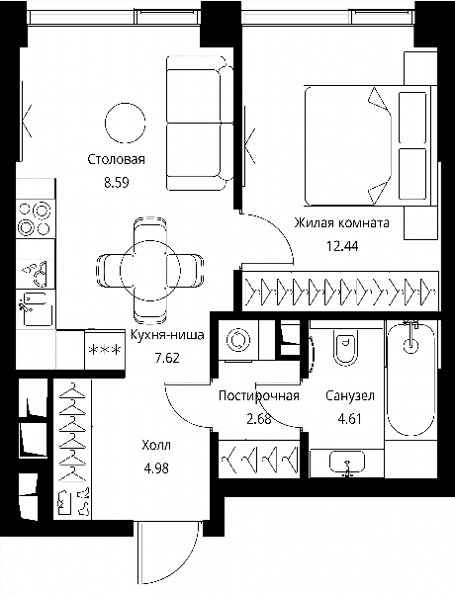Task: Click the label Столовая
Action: pyautogui.click(x=116, y=159)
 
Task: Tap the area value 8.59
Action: pyautogui.click(x=117, y=183)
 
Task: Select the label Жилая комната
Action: pyautogui.click(x=341, y=222)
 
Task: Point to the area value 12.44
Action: pyautogui.click(x=342, y=246)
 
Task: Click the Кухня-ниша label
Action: pyautogui.click(x=167, y=335)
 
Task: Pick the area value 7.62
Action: pyautogui.click(x=167, y=358)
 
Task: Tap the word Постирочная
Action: pyautogui.click(x=259, y=396)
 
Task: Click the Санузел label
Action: pyautogui.click(x=350, y=395)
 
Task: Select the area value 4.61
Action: pyautogui.click(x=350, y=419)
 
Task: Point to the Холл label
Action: pyautogui.click(x=156, y=445)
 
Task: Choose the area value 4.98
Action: pyautogui.click(x=156, y=468)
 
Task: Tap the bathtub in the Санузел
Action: pyautogui.click(x=411, y=380)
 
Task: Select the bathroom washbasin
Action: pyautogui.click(x=347, y=463)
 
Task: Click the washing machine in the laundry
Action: pyautogui.click(x=238, y=339)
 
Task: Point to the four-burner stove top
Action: pyautogui.click(x=35, y=219)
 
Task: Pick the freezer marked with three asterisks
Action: pyautogui.click(x=105, y=350)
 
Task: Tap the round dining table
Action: pyautogui.click(x=150, y=271)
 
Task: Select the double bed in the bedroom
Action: pyautogui.click(x=368, y=146)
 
